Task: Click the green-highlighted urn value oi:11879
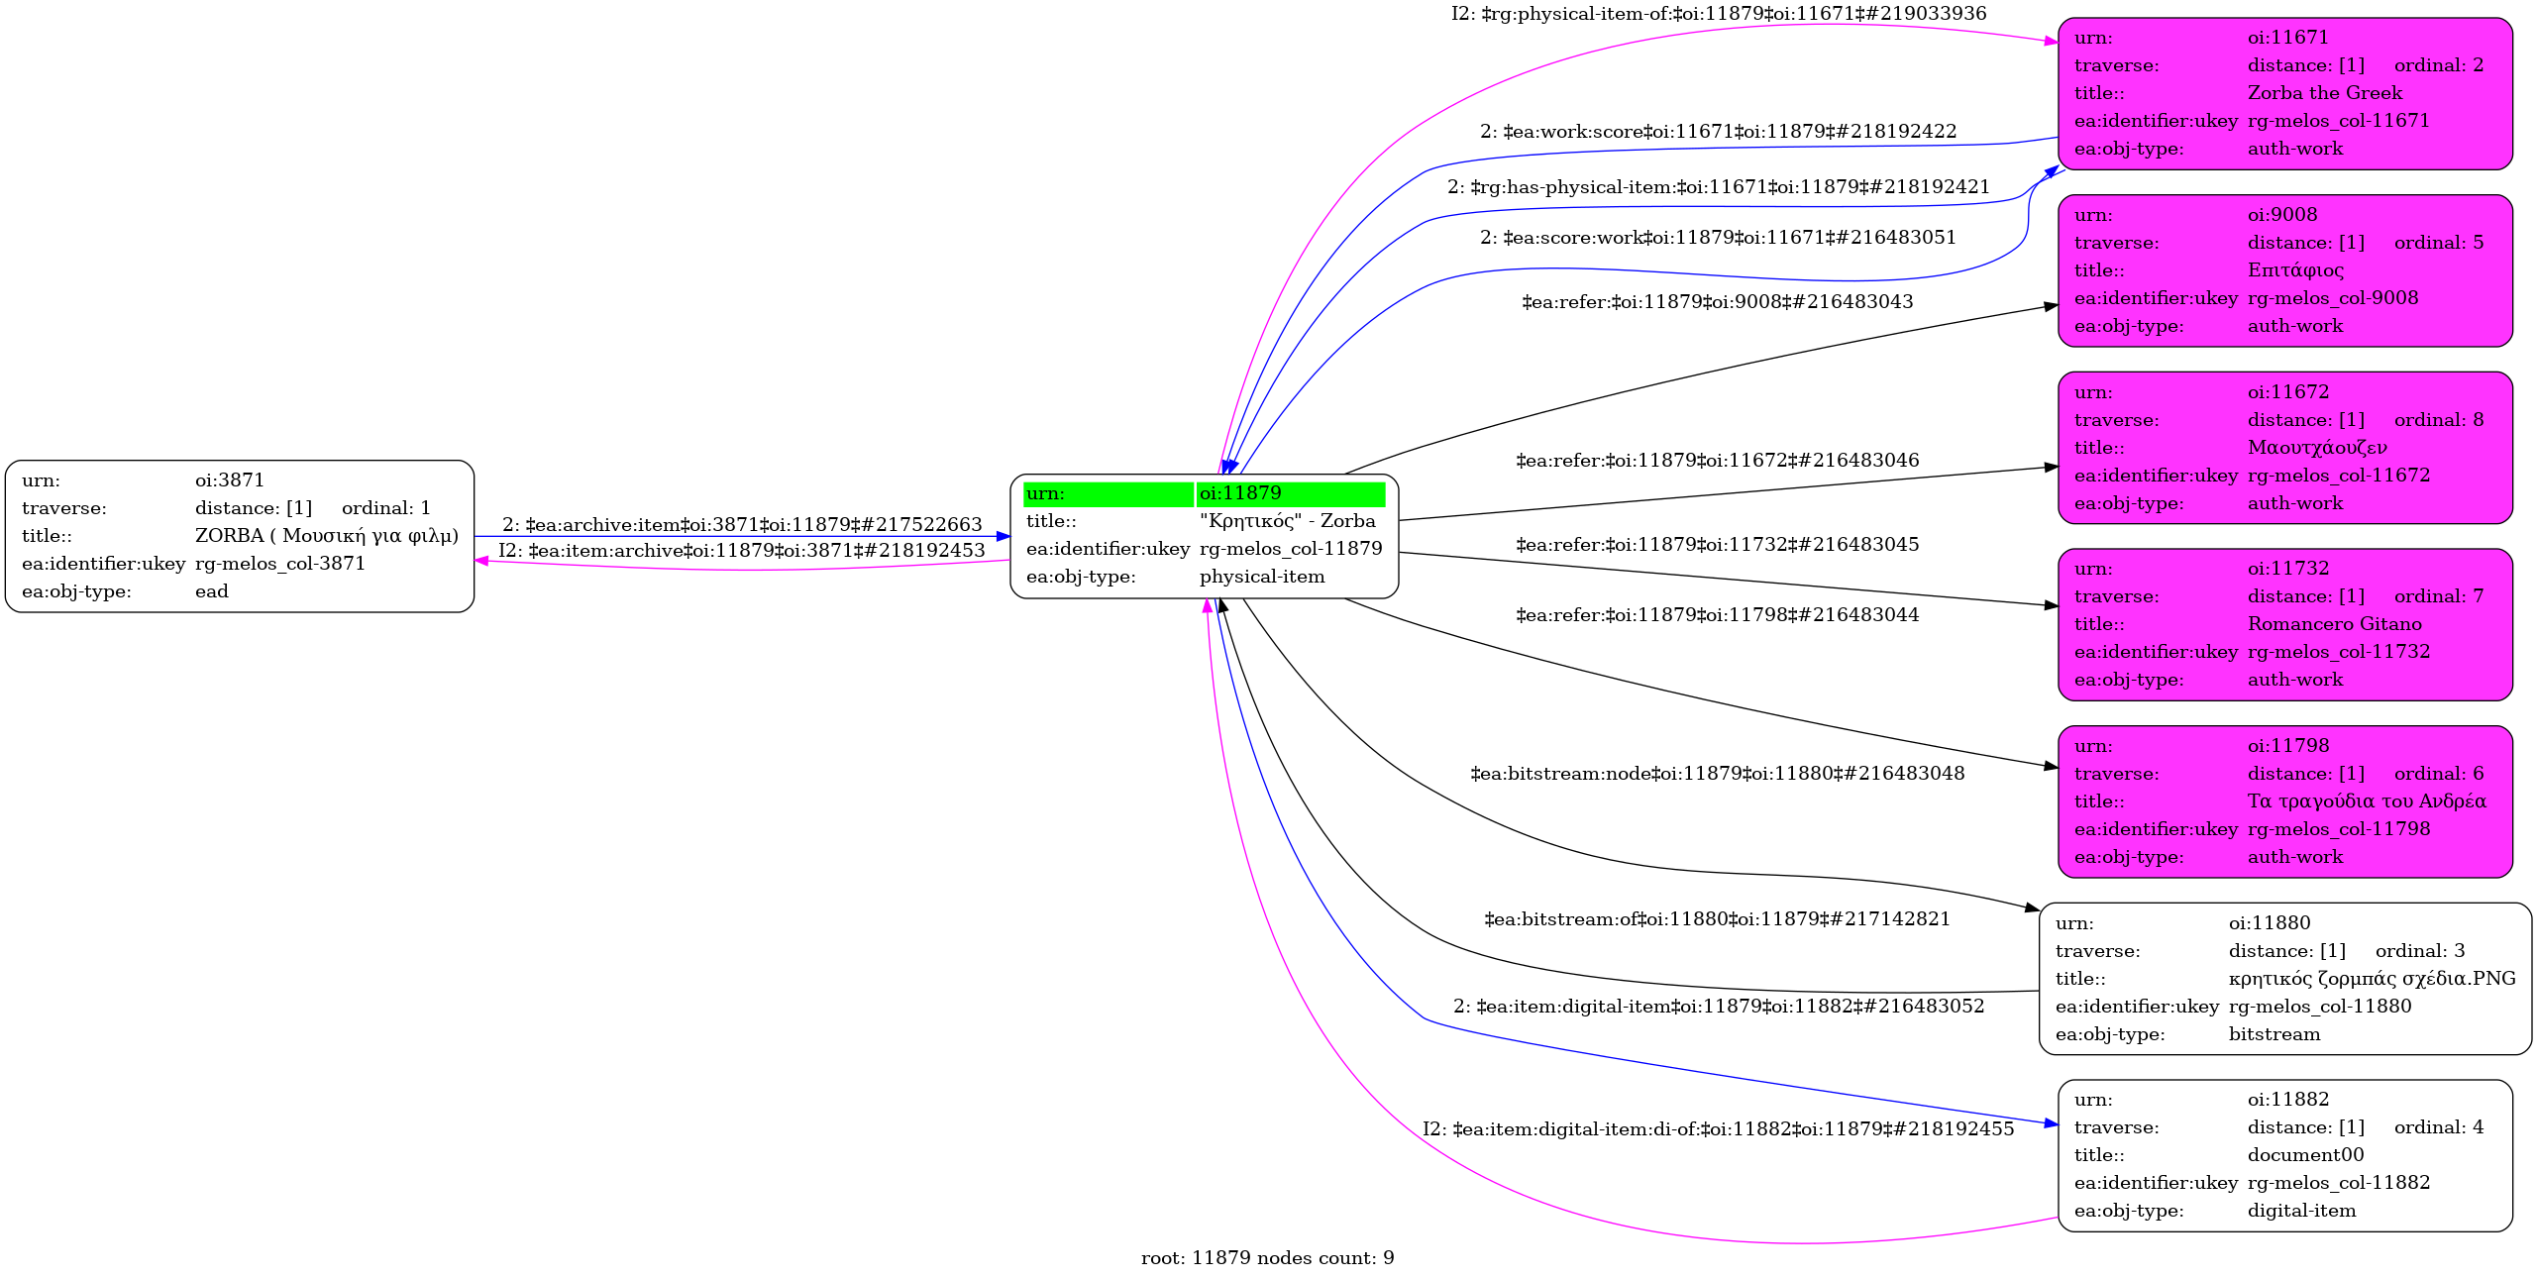(x=1240, y=493)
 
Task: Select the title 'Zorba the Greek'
(x=2325, y=93)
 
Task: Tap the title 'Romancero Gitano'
(x=2335, y=624)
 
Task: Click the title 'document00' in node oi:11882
(x=2305, y=1155)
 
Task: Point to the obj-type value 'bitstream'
(x=2274, y=1034)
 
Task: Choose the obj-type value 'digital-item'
(x=2301, y=1211)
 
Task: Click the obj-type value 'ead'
(x=211, y=591)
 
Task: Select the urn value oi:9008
(x=2282, y=215)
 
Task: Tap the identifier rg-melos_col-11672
(x=2339, y=476)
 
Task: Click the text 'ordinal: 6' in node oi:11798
(x=2439, y=774)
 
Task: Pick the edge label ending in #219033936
(x=1719, y=14)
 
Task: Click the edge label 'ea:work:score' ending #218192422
(x=1718, y=132)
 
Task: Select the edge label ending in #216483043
(x=1718, y=302)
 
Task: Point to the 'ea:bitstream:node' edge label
(x=1718, y=774)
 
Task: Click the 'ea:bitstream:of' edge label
(x=1718, y=919)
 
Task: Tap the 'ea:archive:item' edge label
(x=742, y=525)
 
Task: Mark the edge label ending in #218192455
(x=1719, y=1129)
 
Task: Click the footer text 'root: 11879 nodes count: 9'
(x=1268, y=1258)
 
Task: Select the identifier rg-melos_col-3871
(x=279, y=564)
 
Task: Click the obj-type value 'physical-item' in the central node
(x=1261, y=577)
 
